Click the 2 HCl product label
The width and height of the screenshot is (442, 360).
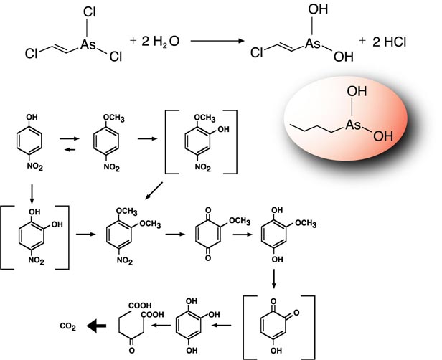(390, 42)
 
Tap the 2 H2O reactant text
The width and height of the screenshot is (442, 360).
(160, 42)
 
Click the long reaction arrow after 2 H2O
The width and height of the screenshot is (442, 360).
(217, 41)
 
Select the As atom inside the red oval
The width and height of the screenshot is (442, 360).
(353, 125)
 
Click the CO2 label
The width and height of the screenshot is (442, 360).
(68, 326)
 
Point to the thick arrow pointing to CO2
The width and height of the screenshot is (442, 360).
(96, 326)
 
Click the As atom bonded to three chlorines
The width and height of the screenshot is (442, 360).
(88, 44)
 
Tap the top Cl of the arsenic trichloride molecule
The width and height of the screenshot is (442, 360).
(90, 12)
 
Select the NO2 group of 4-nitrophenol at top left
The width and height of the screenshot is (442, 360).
(35, 166)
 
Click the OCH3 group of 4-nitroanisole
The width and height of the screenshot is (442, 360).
(114, 118)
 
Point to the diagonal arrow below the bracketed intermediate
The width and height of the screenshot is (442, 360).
(154, 191)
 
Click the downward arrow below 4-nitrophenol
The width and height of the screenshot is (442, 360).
(32, 194)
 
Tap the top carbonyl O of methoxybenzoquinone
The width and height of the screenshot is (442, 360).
(208, 210)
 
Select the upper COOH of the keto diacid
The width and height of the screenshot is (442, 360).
(140, 305)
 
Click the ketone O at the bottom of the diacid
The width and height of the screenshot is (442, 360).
(131, 350)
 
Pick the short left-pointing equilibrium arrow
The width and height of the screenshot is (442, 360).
(70, 150)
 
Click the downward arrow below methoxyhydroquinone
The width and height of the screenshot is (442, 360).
(273, 279)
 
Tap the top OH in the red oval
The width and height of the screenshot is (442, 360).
(357, 91)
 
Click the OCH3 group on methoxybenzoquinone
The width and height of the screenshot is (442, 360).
(240, 221)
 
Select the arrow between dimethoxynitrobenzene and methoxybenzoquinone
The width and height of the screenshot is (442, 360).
(175, 234)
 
